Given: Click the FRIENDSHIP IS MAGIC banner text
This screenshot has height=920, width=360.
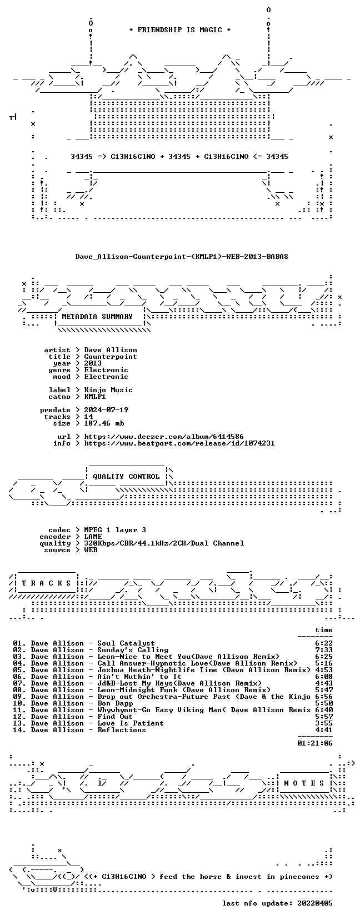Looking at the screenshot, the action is click(x=180, y=30).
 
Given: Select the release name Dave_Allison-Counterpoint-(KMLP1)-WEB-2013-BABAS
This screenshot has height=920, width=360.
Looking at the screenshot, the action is click(x=182, y=257).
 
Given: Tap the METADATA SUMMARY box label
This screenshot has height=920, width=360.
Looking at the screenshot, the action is click(x=97, y=317).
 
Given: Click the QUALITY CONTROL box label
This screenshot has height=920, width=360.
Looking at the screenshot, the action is click(x=126, y=477).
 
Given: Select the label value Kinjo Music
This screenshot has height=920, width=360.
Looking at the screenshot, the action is click(x=108, y=390).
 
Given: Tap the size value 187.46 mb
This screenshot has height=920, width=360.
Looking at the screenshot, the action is click(x=104, y=423).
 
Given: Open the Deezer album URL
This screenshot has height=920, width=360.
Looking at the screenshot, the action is click(x=164, y=437).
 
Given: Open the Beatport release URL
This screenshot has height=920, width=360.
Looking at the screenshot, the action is click(x=179, y=443).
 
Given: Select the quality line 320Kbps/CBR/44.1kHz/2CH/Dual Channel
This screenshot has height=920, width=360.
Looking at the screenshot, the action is click(x=164, y=543).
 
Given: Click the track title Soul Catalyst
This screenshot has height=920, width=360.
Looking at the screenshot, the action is click(x=126, y=643).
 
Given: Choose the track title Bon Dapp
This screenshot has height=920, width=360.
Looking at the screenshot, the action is click(x=115, y=703).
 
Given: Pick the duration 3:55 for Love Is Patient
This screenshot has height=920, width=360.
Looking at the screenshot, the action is click(x=324, y=723).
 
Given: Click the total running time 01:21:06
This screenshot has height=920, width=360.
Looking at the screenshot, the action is click(x=315, y=743).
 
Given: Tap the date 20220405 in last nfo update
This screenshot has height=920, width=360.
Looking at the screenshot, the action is click(x=315, y=903).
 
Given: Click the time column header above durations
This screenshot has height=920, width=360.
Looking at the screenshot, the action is click(x=324, y=630).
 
